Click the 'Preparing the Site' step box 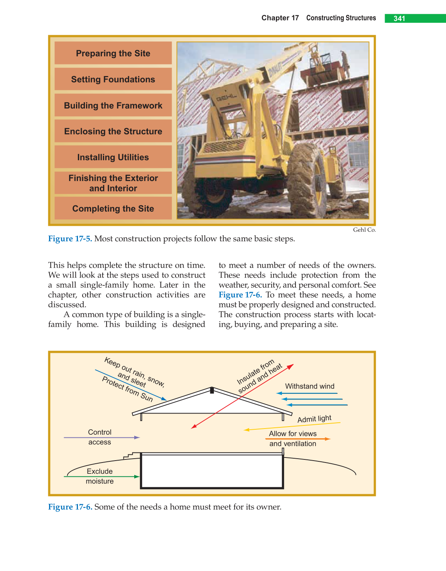(x=113, y=53)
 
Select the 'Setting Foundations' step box (x=113, y=80)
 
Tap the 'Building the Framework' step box (x=113, y=105)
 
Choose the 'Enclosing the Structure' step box (x=113, y=131)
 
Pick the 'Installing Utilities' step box (x=113, y=157)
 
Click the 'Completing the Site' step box (x=113, y=208)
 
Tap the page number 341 (x=399, y=19)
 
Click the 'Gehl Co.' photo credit (x=364, y=230)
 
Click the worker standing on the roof (x=345, y=64)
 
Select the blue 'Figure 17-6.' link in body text (x=240, y=295)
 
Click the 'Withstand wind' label (x=309, y=386)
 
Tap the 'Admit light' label (x=314, y=419)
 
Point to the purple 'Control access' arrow (x=101, y=437)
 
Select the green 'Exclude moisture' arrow (x=101, y=477)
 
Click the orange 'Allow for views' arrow (x=297, y=439)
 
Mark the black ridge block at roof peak (x=212, y=390)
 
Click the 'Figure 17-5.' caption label (x=70, y=239)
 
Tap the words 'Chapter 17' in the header (x=280, y=18)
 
